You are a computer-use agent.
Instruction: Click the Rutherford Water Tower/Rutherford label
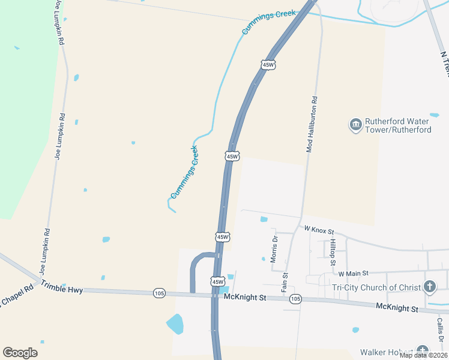click(x=399, y=125)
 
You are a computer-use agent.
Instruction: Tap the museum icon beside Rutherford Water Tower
click(x=355, y=125)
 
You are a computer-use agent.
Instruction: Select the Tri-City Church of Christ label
click(x=377, y=287)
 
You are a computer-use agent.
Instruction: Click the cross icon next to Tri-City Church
click(x=430, y=287)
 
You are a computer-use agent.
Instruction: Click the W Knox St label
click(x=319, y=230)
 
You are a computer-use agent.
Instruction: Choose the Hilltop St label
click(x=333, y=253)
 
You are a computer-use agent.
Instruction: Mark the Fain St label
click(x=286, y=283)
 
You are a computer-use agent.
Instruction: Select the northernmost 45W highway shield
click(x=268, y=64)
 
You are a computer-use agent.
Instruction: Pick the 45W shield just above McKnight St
click(x=217, y=281)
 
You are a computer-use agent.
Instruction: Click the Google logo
click(x=20, y=353)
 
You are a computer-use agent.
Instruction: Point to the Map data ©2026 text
click(x=423, y=355)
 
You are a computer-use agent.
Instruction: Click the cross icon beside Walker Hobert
click(x=423, y=351)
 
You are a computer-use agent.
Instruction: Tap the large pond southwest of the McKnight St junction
click(x=175, y=325)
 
